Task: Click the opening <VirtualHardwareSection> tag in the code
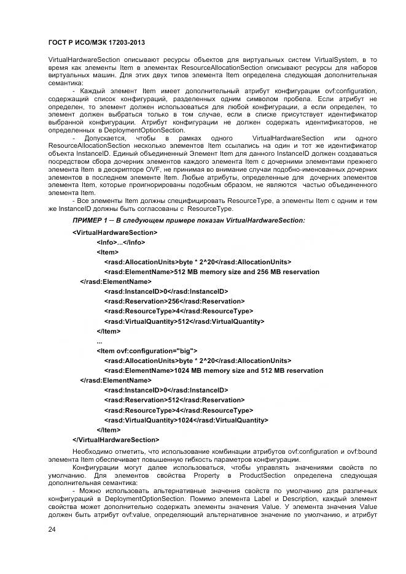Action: click(115, 232)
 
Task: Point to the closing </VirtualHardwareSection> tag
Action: click(116, 440)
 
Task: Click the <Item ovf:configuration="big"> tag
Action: click(147, 351)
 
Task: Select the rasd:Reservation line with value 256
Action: click(174, 301)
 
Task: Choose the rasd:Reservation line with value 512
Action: click(174, 400)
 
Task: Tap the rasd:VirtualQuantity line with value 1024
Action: click(185, 420)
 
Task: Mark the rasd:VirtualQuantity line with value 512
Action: click(184, 321)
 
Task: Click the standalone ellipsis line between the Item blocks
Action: click(100, 341)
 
